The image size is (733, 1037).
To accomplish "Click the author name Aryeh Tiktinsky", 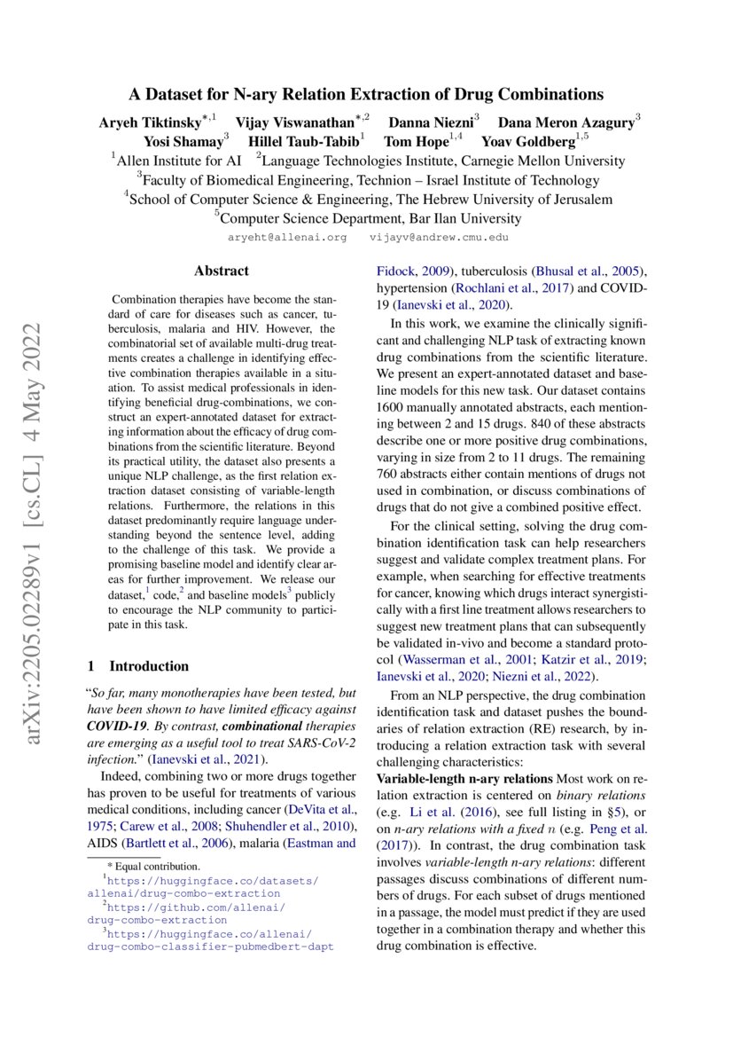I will [x=150, y=121].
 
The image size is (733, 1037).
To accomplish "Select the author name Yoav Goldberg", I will [x=528, y=141].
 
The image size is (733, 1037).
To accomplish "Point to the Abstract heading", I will [x=222, y=271].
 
